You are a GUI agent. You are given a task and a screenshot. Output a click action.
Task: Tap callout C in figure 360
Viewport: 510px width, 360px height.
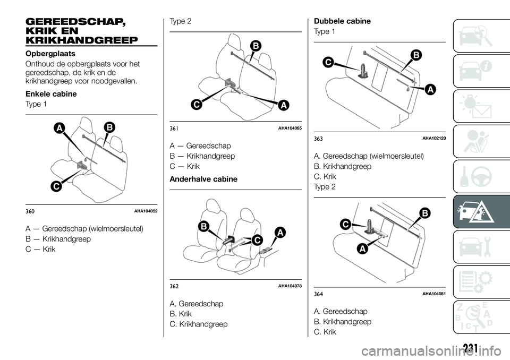pyautogui.click(x=56, y=187)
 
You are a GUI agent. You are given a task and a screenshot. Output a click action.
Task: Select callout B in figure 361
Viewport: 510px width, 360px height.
pyautogui.click(x=256, y=46)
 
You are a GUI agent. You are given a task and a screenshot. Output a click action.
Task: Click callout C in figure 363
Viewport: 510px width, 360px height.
pyautogui.click(x=328, y=62)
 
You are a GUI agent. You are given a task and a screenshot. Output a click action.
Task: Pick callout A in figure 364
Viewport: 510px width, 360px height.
pyautogui.click(x=362, y=249)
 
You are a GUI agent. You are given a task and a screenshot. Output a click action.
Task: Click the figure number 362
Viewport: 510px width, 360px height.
pyautogui.click(x=174, y=287)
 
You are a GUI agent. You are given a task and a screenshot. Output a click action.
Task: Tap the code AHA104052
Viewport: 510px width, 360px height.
pyautogui.click(x=146, y=211)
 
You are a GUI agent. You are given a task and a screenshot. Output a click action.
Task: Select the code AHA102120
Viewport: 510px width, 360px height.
pyautogui.click(x=434, y=139)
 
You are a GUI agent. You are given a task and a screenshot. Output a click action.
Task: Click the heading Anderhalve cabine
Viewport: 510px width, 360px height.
pyautogui.click(x=203, y=179)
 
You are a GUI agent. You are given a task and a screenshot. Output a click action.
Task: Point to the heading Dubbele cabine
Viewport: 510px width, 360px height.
pyautogui.click(x=342, y=21)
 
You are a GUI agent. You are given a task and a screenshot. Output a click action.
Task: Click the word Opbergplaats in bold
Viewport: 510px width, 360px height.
pyautogui.click(x=50, y=54)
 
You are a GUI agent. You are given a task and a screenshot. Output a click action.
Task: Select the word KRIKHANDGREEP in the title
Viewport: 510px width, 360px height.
pyautogui.click(x=82, y=40)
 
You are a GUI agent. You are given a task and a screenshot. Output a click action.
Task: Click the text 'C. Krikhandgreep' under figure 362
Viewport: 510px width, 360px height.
pyautogui.click(x=199, y=324)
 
